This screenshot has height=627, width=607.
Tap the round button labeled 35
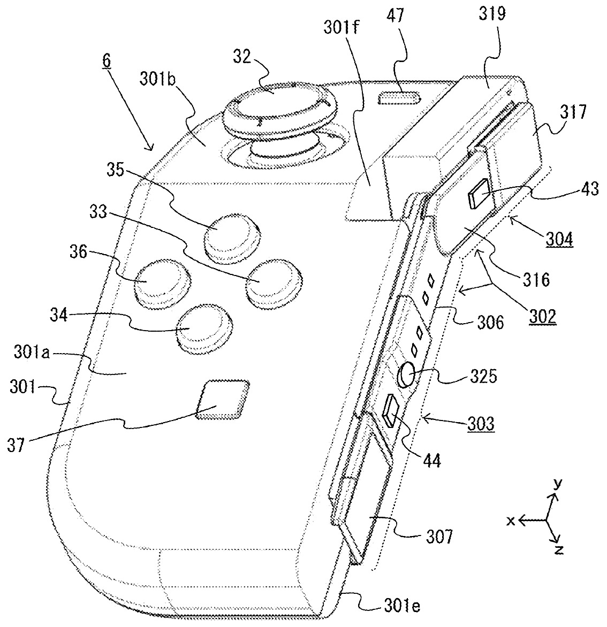[x=231, y=234]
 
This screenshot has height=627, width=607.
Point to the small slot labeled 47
[x=398, y=98]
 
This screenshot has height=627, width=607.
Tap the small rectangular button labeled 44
[x=390, y=411]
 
